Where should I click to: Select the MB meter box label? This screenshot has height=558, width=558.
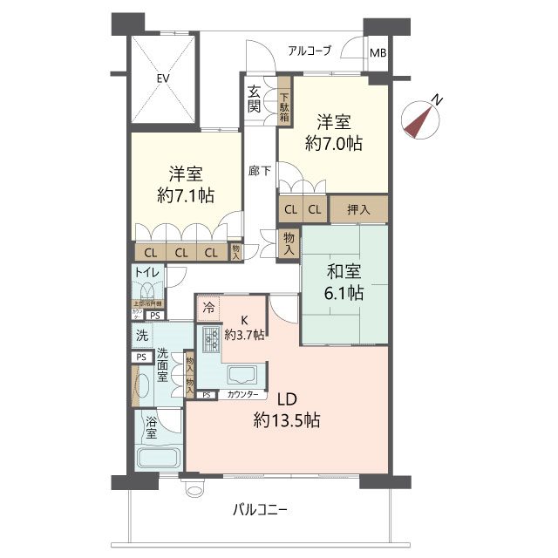tap(378, 53)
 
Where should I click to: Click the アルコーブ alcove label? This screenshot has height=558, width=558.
tap(310, 51)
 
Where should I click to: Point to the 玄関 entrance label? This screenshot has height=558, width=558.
tap(254, 99)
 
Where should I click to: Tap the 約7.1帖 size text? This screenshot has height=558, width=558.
tap(187, 194)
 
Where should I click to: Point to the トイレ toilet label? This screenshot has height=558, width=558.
tap(146, 273)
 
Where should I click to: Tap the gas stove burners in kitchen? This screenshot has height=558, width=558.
tap(210, 337)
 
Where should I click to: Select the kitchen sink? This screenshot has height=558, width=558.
tap(240, 376)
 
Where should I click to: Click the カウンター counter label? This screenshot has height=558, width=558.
tap(242, 395)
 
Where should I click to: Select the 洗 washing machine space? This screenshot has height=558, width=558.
tap(140, 335)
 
